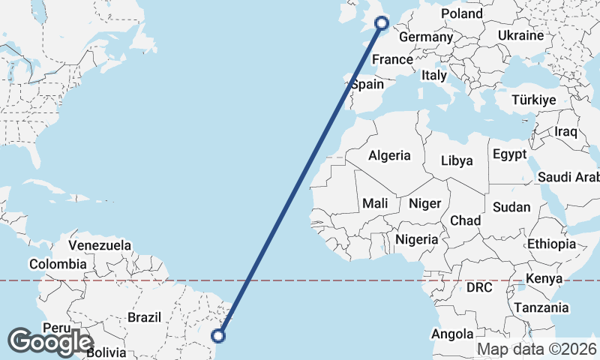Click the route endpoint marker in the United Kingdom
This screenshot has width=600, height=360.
click(x=381, y=23)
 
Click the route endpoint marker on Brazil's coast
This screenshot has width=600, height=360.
click(x=220, y=335)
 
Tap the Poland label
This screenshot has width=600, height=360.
click(x=462, y=14)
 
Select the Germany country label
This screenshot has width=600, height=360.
click(x=425, y=37)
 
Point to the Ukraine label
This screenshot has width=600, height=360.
click(x=520, y=35)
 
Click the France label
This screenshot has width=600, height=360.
click(x=393, y=59)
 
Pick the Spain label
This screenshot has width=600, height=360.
click(x=367, y=84)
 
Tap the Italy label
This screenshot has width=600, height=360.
click(x=434, y=75)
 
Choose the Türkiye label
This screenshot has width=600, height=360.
click(x=533, y=100)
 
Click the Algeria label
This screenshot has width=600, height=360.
click(x=389, y=155)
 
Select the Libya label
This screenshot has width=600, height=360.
click(x=457, y=160)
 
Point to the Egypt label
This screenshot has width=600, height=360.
click(x=510, y=155)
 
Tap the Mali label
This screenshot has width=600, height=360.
click(x=375, y=203)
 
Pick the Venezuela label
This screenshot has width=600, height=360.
click(x=100, y=245)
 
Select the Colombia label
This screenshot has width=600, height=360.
click(x=58, y=264)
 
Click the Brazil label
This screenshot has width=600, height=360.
click(x=144, y=317)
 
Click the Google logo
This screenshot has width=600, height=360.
click(x=50, y=341)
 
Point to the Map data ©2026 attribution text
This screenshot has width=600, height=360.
click(x=537, y=349)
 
